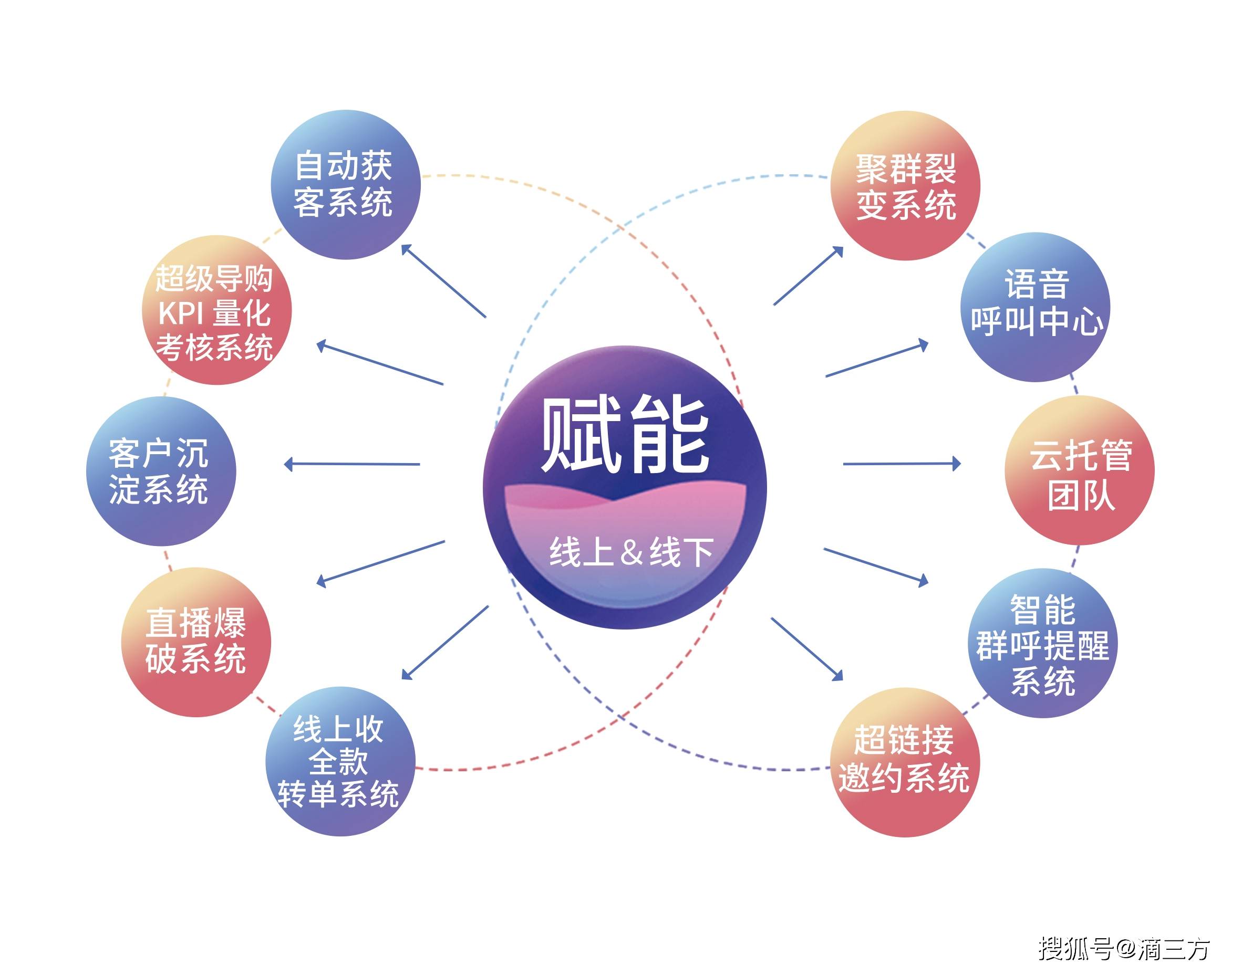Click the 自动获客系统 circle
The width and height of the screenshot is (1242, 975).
tap(346, 184)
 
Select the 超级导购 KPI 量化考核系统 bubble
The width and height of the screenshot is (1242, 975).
tap(216, 310)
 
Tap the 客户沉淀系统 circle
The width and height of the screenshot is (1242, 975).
tap(161, 471)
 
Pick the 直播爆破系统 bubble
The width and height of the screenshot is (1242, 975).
tap(196, 642)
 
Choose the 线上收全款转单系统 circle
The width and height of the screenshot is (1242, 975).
tap(341, 761)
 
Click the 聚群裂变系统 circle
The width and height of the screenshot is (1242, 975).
tap(906, 185)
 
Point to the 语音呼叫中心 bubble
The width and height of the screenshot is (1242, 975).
tap(1035, 307)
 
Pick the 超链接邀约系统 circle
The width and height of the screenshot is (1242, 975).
tap(905, 762)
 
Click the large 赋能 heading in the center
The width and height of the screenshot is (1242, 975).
tap(625, 435)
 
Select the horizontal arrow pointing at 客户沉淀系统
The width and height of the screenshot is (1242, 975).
tap(352, 464)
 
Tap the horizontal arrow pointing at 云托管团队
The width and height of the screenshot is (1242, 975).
tap(902, 464)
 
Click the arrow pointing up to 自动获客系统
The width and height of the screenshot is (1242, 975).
tap(443, 280)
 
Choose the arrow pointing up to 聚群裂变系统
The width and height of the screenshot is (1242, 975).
tap(809, 276)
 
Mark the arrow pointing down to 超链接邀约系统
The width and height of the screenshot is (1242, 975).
tap(806, 649)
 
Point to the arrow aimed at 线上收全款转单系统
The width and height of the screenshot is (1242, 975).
tap(445, 643)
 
